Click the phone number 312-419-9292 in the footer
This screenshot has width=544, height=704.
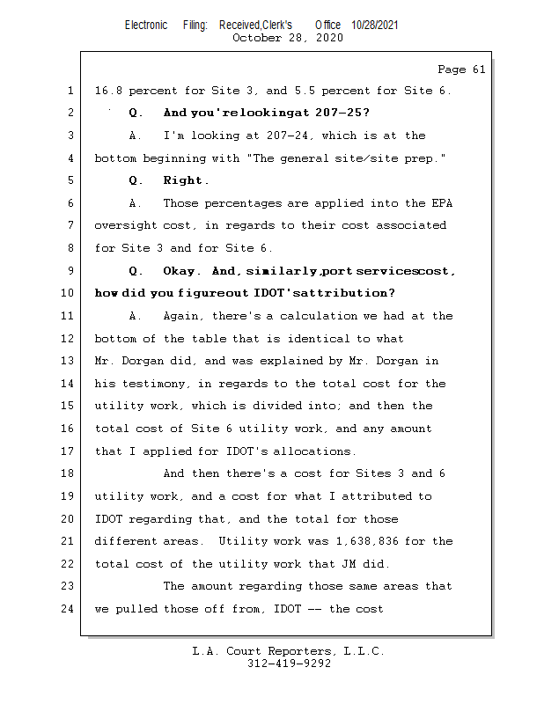pos(289,664)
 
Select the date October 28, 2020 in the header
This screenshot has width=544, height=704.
pos(287,38)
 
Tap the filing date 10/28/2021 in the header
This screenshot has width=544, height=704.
pos(374,26)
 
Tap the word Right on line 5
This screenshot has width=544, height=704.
pos(185,181)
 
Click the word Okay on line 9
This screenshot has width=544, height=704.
pos(181,271)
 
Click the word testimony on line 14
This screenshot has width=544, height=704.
pos(151,384)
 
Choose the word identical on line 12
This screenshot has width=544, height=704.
pos(305,339)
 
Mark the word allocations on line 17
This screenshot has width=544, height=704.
pos(315,451)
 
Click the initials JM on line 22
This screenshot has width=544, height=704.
pos(357,564)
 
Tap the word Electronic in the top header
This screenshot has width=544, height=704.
pos(146,26)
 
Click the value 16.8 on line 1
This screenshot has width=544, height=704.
pos(108,91)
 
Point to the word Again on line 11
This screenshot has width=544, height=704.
pos(181,316)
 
